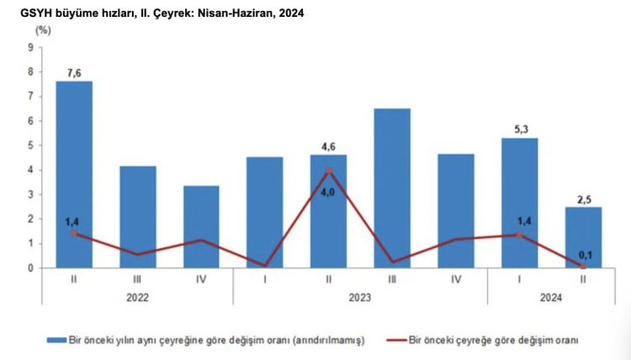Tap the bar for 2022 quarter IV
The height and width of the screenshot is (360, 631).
201,226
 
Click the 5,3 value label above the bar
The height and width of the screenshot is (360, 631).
520,130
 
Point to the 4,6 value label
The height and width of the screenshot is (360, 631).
329,146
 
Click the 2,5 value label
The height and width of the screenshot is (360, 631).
583,199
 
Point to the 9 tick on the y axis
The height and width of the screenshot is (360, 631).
30,47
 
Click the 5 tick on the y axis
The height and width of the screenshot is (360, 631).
30,146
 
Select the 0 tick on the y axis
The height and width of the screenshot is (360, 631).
30,268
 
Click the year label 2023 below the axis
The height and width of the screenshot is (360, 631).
360,296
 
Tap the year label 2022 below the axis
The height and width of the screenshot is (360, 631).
138,296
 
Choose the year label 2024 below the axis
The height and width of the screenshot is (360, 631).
551,296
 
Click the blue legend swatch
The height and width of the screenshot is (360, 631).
56,340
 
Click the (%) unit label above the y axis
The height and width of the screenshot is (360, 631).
43,30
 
